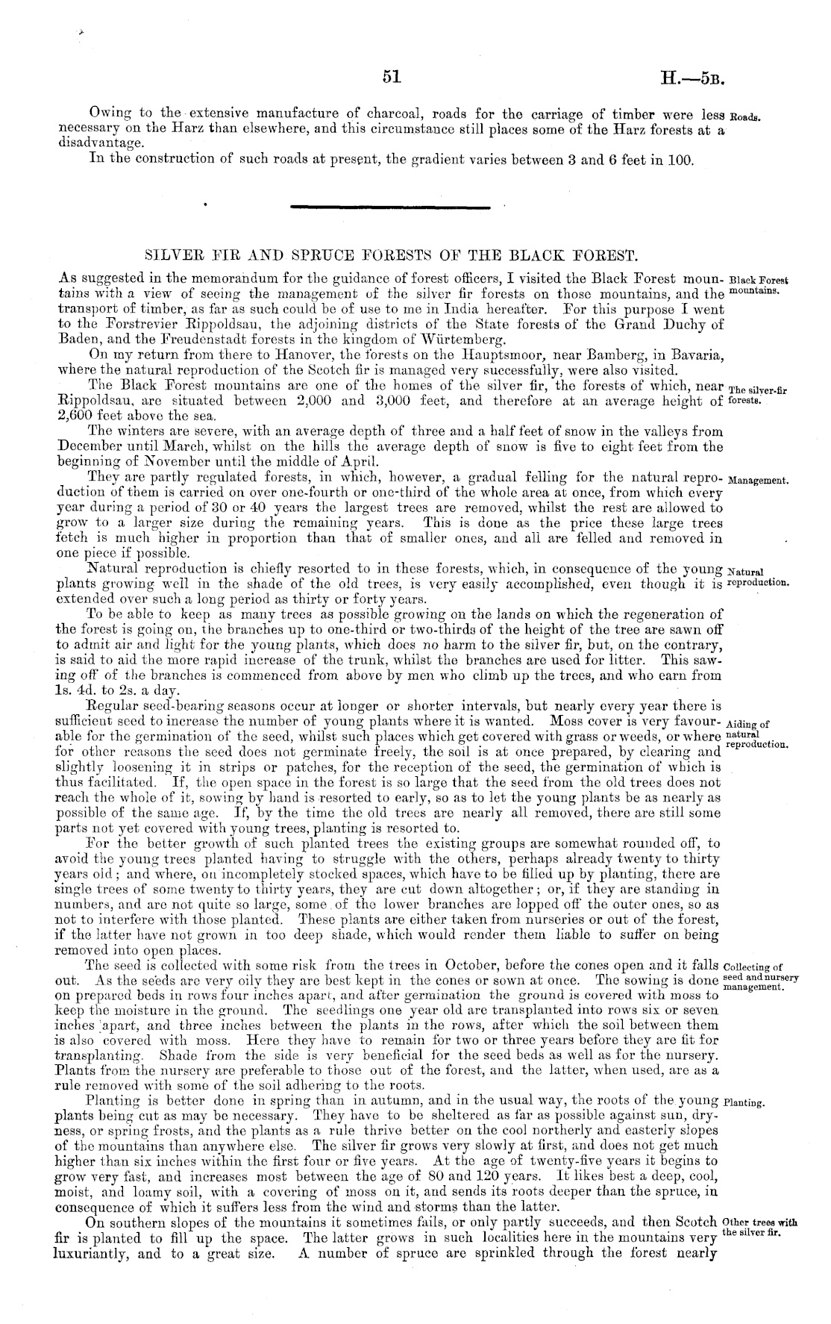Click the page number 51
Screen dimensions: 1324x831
[x=392, y=76]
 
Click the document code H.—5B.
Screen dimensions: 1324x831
[x=692, y=77]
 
